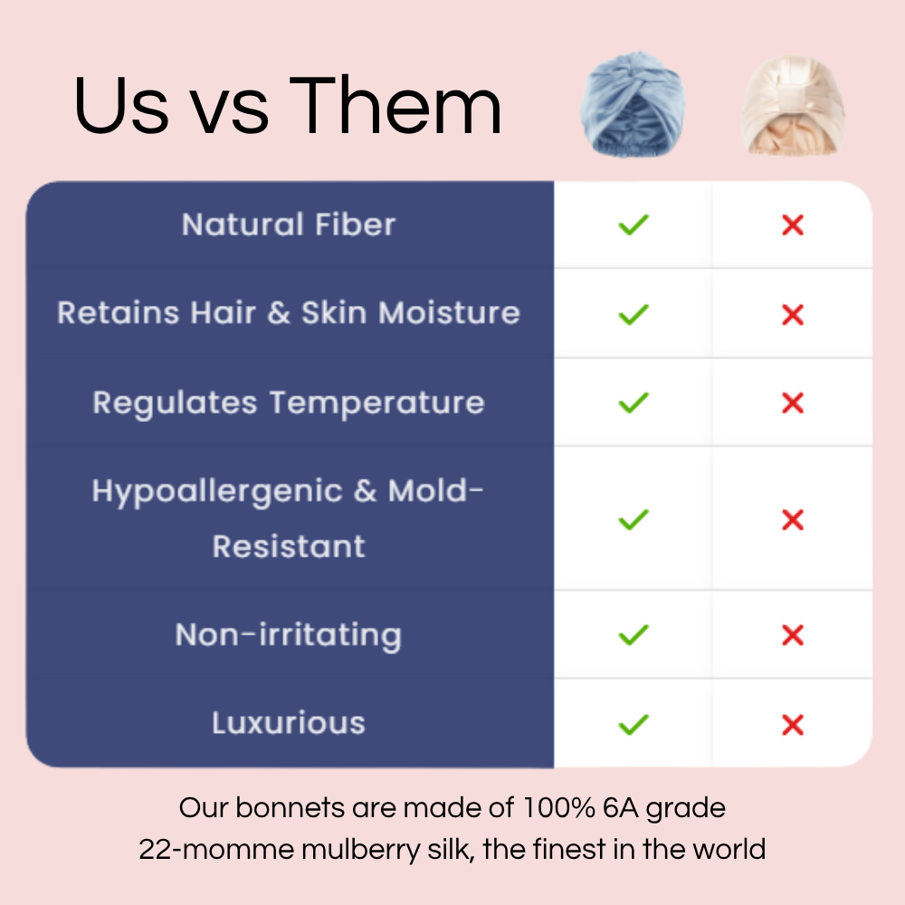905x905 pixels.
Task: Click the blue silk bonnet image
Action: (x=633, y=104)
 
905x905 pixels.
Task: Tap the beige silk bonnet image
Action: (x=793, y=105)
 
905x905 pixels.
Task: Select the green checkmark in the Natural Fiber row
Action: (x=633, y=224)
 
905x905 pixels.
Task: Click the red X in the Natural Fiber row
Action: (x=793, y=225)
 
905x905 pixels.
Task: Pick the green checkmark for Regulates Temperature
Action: (x=633, y=403)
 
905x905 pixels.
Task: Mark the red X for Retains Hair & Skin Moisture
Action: (x=793, y=315)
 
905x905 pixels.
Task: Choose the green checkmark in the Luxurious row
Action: (x=633, y=724)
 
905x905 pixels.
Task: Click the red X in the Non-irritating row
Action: (x=793, y=635)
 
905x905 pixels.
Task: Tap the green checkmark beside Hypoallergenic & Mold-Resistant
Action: (x=633, y=519)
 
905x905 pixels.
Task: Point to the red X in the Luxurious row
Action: (x=793, y=725)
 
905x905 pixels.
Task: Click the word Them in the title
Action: (x=395, y=106)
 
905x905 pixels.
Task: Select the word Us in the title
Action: (x=121, y=107)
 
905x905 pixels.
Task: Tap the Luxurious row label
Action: (x=289, y=722)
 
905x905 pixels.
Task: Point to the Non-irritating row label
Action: (x=289, y=635)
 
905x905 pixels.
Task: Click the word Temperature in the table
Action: (x=376, y=403)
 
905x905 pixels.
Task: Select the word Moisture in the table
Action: (x=449, y=313)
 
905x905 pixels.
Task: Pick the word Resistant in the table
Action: (x=289, y=546)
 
